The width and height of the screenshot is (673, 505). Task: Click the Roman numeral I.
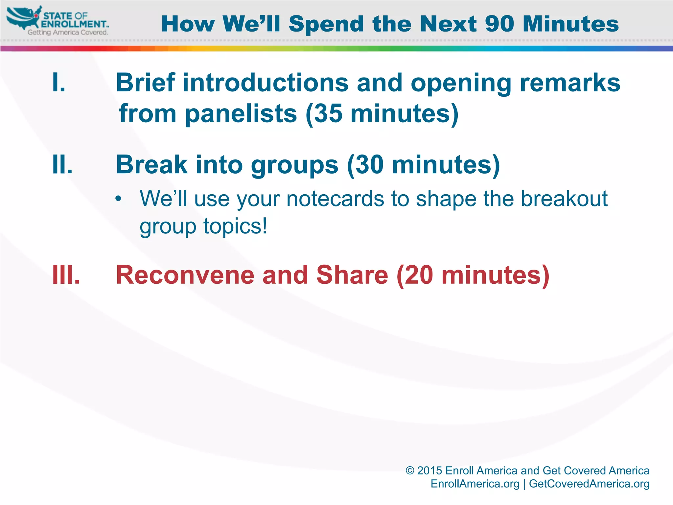[58, 83]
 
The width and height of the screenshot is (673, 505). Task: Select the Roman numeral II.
[62, 164]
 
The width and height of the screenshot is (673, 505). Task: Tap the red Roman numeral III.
[66, 275]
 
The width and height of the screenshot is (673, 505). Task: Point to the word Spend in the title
[326, 25]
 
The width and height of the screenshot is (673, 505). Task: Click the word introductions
[266, 83]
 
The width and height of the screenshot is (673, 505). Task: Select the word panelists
[241, 114]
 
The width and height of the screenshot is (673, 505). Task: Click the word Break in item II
[151, 164]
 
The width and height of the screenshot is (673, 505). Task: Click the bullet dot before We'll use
[118, 199]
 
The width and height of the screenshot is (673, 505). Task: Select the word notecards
[335, 199]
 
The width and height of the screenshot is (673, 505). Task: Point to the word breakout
[564, 199]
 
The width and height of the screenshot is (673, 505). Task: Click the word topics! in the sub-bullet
[235, 227]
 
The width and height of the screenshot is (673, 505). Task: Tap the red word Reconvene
[185, 275]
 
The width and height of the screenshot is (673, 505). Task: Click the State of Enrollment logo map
[23, 18]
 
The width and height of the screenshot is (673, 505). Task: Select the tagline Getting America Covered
[68, 32]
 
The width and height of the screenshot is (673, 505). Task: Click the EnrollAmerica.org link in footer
[475, 484]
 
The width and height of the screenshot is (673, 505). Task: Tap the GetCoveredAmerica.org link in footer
[589, 484]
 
